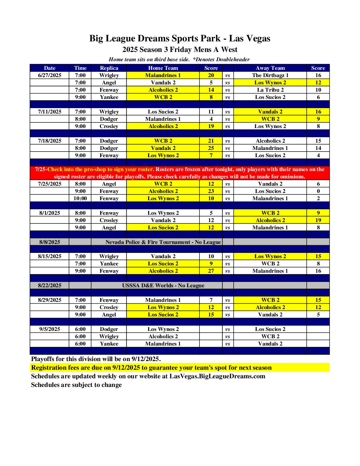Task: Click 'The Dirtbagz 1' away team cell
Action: pos(270,75)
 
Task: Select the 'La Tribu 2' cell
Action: pos(270,90)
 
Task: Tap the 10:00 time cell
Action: pos(80,199)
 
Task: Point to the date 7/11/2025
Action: pos(50,112)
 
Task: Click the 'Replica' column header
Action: pos(109,68)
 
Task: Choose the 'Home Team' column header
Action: pos(163,68)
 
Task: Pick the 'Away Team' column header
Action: pos(270,68)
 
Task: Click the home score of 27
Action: pos(211,271)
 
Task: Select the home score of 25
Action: pos(211,148)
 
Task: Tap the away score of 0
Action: pos(318,191)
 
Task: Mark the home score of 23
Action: pos(211,191)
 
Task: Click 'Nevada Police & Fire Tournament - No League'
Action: pos(163,242)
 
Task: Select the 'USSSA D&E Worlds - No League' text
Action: pos(163,286)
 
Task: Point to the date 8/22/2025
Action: pos(50,286)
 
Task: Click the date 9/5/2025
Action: pos(50,329)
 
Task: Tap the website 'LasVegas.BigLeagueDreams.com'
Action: pos(217,376)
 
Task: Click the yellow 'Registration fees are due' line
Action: pos(151,368)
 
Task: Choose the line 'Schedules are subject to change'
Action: pos(76,385)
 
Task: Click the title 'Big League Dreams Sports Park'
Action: pos(155,39)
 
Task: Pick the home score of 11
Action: pos(211,112)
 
